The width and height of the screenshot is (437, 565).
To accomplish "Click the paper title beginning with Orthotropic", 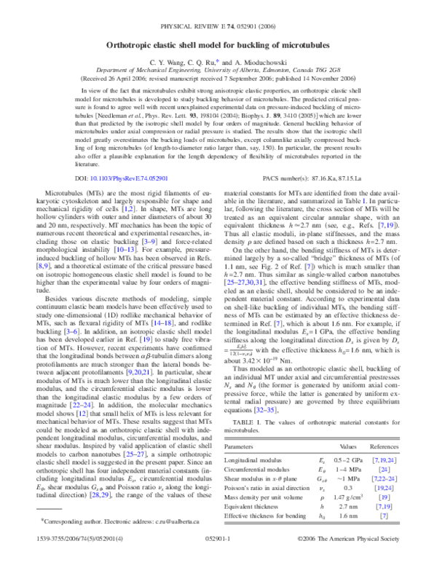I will click(218, 25).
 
